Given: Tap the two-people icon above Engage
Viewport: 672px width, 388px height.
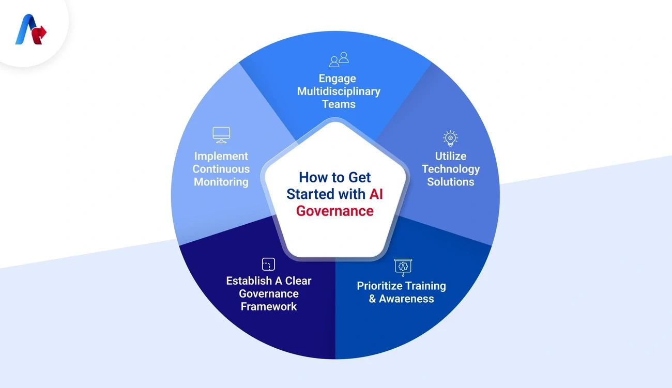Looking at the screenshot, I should pos(339,59).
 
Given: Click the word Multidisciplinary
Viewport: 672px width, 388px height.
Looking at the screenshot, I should pos(339,91).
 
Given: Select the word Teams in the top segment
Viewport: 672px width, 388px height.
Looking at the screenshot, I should pos(339,104).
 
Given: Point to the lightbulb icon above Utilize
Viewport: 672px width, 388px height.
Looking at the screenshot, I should pos(450,138).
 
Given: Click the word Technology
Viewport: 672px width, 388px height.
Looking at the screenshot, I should pos(450,169).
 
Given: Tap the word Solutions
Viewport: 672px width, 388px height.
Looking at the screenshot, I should pos(450,182).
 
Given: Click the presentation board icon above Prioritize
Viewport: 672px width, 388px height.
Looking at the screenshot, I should pos(403,267).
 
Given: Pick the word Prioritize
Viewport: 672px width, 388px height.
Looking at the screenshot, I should pos(383,286).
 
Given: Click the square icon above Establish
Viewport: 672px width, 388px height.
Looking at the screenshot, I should pos(268,265).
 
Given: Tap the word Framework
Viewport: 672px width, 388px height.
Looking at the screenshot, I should pos(269,306).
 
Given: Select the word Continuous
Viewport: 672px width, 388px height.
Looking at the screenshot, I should pos(221,169).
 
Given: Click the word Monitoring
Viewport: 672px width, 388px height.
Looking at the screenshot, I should pos(221,182).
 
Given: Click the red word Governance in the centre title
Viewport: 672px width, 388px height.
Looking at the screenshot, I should pos(335,210).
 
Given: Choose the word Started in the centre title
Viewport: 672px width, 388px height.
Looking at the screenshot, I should pos(311,194).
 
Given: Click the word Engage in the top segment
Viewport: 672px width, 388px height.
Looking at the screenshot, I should pos(337,79).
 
